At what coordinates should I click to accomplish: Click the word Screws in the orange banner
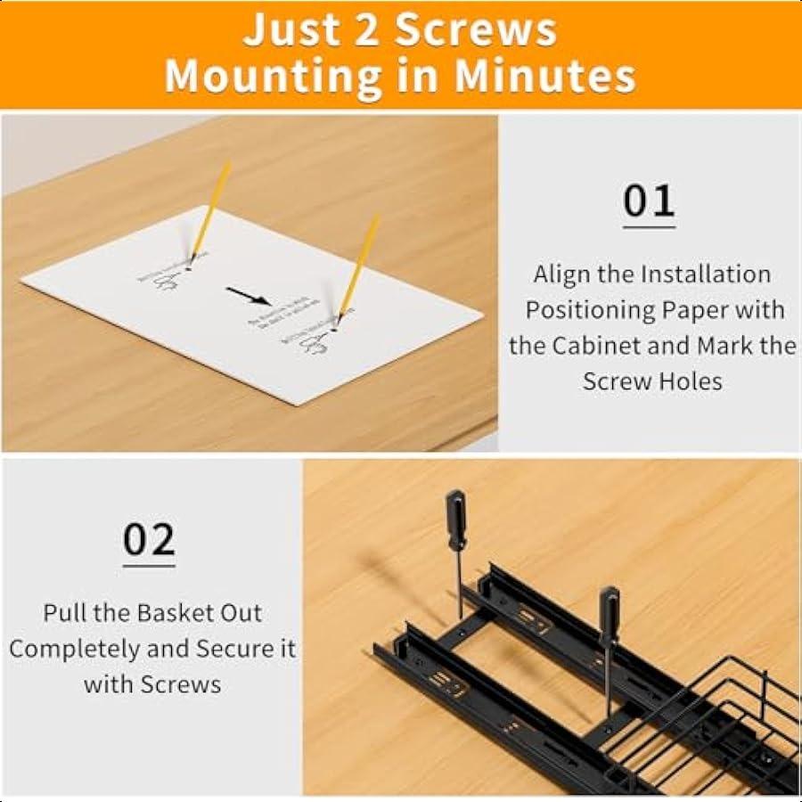(x=476, y=30)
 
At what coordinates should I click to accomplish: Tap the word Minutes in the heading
(x=545, y=77)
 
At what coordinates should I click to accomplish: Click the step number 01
(x=649, y=201)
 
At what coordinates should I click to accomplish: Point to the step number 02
(x=149, y=539)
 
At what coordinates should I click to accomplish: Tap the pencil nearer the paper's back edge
(x=210, y=209)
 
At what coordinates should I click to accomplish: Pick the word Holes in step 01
(x=691, y=381)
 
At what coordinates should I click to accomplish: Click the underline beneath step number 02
(x=149, y=565)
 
